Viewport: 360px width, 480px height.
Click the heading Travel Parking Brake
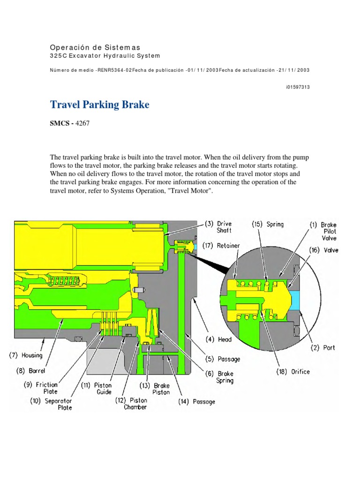99,105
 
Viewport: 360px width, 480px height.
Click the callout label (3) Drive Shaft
218,227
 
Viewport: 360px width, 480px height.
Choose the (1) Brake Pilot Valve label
323,231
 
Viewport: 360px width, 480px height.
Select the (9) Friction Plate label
40,388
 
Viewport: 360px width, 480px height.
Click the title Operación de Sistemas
95,47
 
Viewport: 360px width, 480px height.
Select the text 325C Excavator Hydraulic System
105,56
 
